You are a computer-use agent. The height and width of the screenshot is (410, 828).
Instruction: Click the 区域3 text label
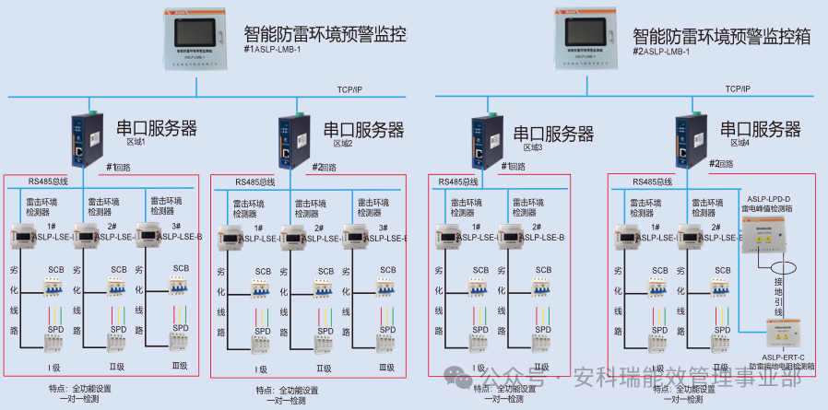pos(533,148)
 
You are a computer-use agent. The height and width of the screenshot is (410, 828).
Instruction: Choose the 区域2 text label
pos(342,144)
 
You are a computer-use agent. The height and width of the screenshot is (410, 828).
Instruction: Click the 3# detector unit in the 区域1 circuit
pos(151,237)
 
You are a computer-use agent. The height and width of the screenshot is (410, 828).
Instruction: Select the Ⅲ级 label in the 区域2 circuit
pos(386,369)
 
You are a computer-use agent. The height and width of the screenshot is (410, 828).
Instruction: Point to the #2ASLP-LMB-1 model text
pos(668,51)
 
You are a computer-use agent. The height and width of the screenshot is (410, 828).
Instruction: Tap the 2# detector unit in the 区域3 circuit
pos(519,237)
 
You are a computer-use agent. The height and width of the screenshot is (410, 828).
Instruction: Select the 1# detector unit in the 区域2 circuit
pos(234,238)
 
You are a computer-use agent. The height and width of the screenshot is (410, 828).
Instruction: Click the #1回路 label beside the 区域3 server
pos(513,167)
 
